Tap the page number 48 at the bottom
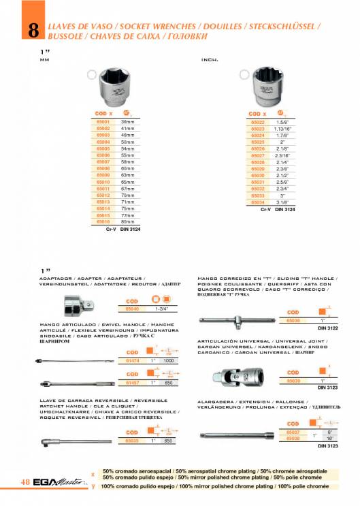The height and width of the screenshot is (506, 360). (x=24, y=482)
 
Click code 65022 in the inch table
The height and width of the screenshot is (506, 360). (x=257, y=121)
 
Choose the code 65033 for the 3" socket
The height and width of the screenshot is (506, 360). (x=257, y=195)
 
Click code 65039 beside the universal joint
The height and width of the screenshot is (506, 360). (x=293, y=380)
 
